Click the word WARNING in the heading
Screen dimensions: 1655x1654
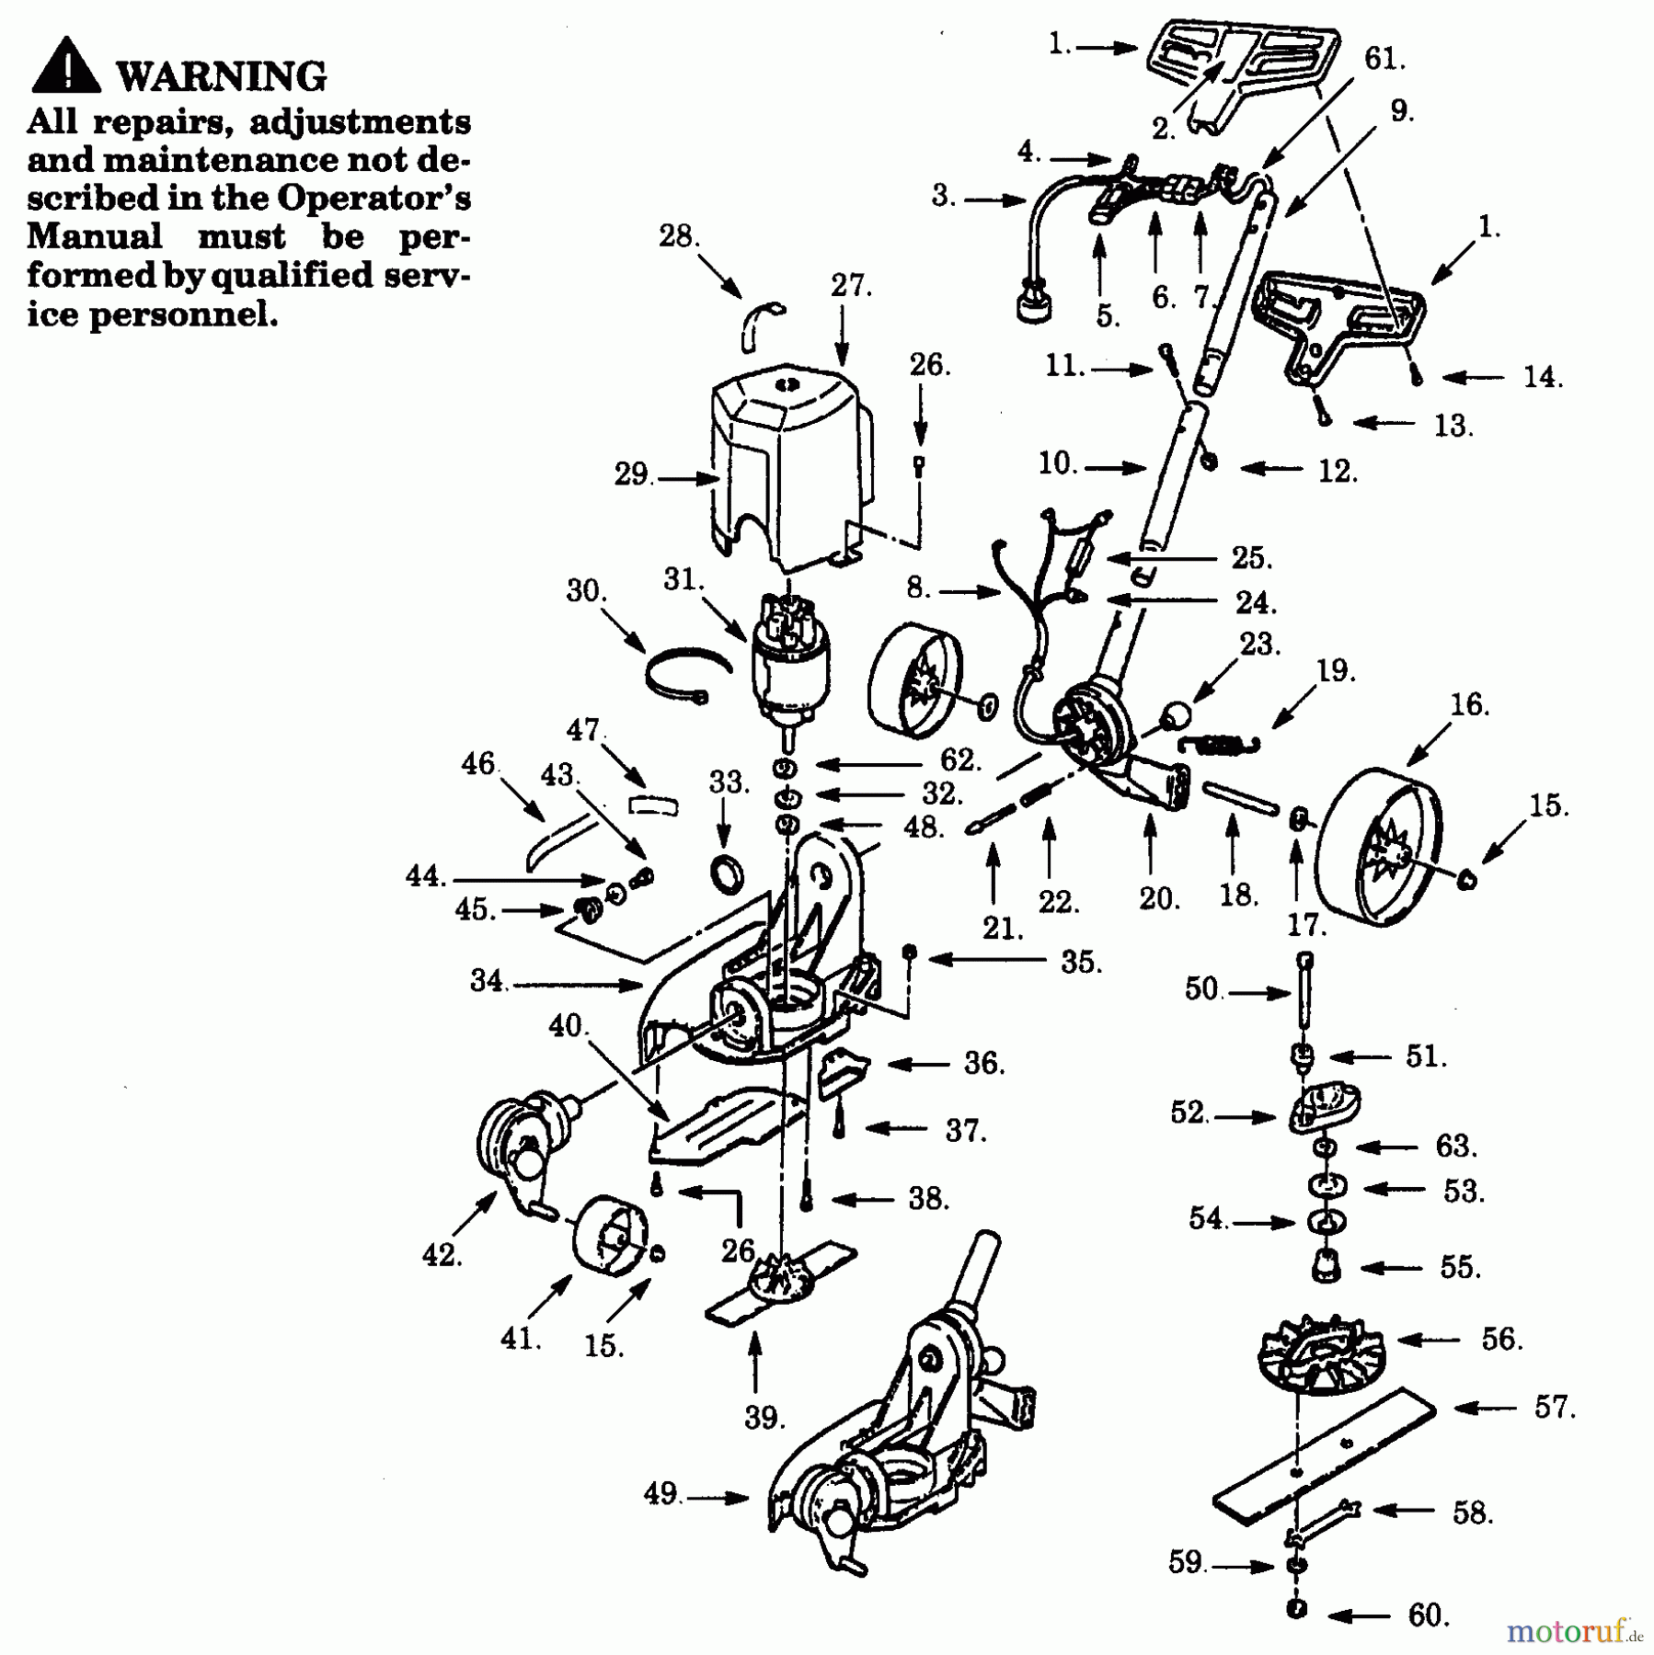(x=222, y=76)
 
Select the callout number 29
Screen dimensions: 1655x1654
(x=632, y=475)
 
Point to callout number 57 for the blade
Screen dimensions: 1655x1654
(x=1553, y=1407)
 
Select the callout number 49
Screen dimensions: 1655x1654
(x=660, y=1494)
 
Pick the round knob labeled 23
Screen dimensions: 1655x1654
(x=1177, y=715)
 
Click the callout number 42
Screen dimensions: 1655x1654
(x=441, y=1255)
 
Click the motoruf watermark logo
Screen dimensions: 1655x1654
(x=1573, y=1631)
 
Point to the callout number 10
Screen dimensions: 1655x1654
(x=1056, y=463)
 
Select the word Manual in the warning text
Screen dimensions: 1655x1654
(x=95, y=236)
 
